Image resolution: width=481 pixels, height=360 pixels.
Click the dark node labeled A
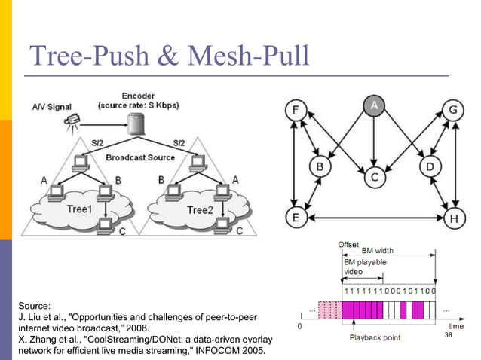[373, 107]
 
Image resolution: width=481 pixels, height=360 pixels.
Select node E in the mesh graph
[296, 218]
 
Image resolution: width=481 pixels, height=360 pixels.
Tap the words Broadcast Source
[140, 158]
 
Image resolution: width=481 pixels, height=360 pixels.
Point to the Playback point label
[374, 337]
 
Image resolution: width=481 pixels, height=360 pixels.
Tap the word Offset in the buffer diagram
[348, 244]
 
